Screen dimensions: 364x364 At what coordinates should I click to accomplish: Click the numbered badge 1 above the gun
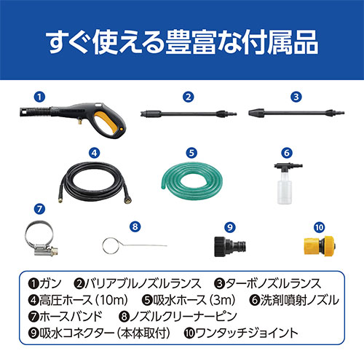39,97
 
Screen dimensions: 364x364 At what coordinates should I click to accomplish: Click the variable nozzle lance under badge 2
189,114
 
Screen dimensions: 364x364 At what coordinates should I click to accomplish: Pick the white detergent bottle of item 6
285,187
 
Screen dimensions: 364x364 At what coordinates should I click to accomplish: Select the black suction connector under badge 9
230,246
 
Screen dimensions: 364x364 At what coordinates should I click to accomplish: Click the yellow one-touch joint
320,245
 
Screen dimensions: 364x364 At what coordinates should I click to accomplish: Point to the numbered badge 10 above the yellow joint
319,227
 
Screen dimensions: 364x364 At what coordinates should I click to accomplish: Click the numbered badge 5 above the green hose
191,153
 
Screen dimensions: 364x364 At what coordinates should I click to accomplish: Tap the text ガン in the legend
50,284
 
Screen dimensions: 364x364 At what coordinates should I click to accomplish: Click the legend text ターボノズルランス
273,284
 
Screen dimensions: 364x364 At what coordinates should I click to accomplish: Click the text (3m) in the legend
222,300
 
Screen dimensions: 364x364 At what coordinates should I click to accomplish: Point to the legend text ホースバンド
71,317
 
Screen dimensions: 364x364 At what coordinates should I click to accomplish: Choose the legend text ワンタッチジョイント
247,333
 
